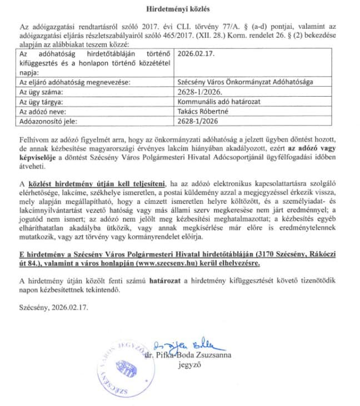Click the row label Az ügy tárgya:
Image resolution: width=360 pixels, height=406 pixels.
pos(42,101)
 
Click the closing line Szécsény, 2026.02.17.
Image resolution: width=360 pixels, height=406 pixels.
pos(53,306)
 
